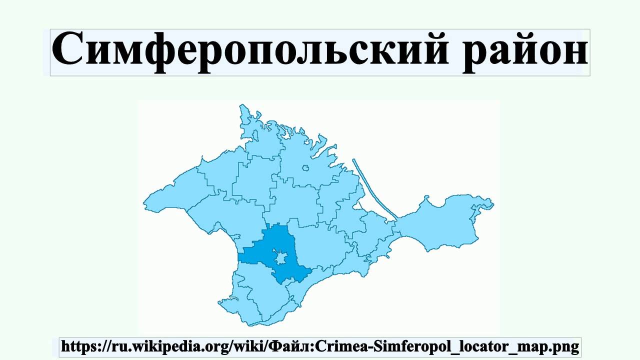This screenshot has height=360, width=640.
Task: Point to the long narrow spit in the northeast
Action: (375, 190)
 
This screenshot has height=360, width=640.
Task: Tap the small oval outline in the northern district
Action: (305, 168)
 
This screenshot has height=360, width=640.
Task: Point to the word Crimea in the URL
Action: (333, 345)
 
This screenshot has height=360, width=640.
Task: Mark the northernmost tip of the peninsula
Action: (242, 105)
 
